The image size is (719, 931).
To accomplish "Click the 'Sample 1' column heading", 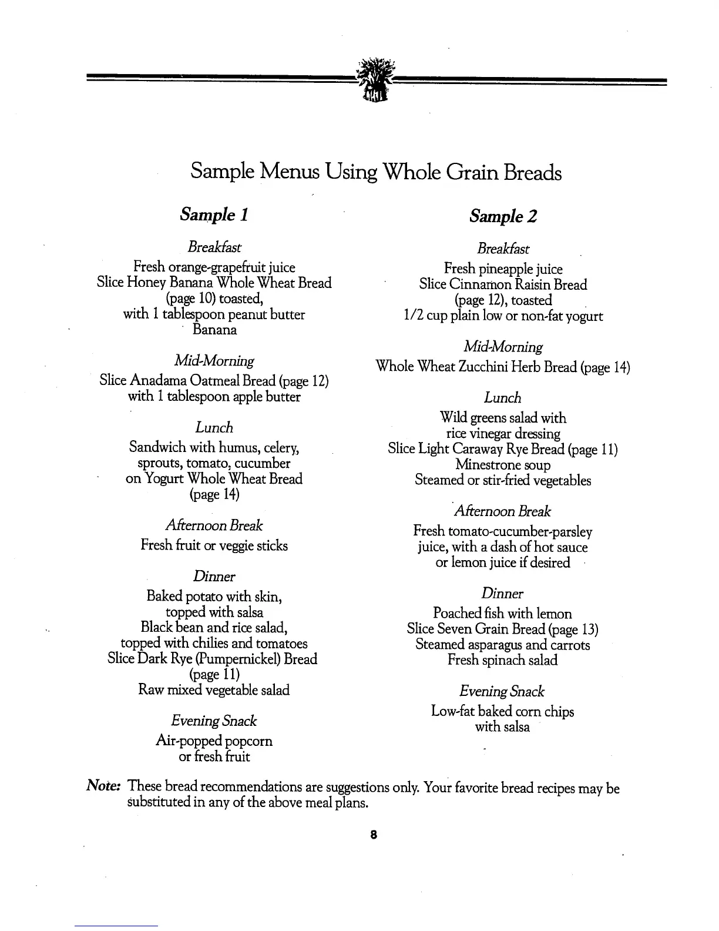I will point(214,215).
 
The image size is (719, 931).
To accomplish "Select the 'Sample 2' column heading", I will point(503,216).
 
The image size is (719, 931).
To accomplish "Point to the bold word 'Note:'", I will point(104,786).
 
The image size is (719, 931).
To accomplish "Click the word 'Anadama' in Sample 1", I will point(159,381).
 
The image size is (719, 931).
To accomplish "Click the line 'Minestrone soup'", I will point(503,465).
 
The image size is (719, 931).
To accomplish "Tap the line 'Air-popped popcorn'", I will point(214,741).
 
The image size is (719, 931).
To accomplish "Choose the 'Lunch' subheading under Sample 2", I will point(502,398).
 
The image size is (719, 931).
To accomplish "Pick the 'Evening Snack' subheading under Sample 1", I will point(214,721).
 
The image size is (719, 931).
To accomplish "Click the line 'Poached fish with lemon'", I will point(502,614).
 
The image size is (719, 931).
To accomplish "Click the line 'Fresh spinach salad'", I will point(502,660).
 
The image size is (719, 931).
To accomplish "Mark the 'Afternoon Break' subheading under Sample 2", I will point(503,511).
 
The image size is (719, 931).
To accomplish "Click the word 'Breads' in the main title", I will point(531,172).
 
